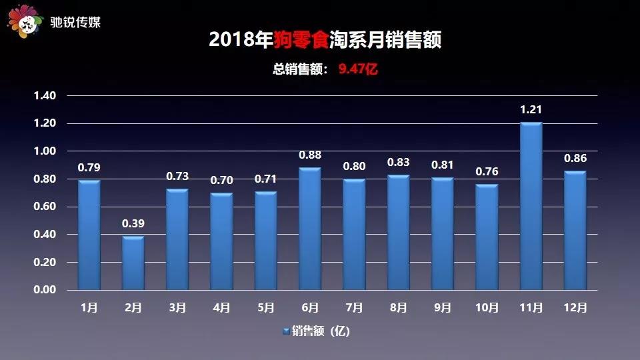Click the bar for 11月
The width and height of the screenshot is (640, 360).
click(531, 206)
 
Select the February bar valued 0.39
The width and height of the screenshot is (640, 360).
click(133, 263)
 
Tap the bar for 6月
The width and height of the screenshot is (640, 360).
click(310, 229)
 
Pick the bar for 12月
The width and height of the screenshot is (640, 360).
click(575, 230)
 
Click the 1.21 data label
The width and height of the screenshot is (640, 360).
click(531, 109)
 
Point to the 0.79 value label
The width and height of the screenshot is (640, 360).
click(89, 167)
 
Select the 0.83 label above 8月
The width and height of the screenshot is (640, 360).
click(399, 162)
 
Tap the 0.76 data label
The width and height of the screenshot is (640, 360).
click(487, 171)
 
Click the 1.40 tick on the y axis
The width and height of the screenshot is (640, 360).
click(45, 95)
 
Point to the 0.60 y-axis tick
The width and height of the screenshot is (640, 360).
click(45, 207)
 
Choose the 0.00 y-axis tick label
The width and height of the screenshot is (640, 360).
click(45, 290)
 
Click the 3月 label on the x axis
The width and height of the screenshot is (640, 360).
click(177, 307)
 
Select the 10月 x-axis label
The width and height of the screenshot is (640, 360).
click(487, 307)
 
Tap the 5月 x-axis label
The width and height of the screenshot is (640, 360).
click(266, 307)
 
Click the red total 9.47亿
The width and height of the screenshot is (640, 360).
click(358, 69)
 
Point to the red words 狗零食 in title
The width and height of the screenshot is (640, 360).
click(301, 39)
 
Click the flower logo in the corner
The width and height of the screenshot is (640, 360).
click(25, 21)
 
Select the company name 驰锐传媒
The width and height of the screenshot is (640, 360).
click(75, 22)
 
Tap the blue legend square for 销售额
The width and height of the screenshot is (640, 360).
click(286, 331)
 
